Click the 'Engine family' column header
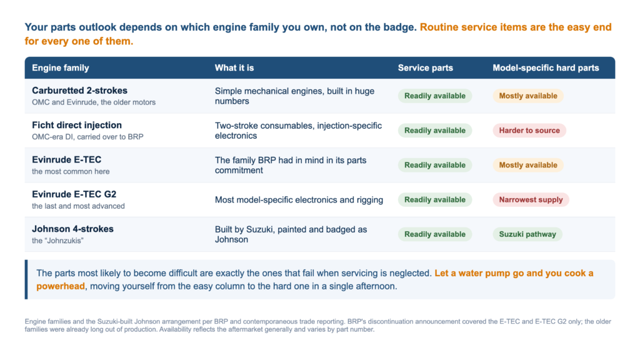[61, 67]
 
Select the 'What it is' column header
[234, 67]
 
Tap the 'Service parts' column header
[425, 67]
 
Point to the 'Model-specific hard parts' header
[546, 67]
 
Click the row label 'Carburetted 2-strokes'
[79, 91]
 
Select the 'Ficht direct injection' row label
[77, 125]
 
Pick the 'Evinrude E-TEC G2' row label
[74, 194]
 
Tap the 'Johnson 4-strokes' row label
[72, 229]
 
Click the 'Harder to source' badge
[529, 131]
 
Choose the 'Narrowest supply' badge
[531, 199]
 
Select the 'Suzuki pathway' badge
[527, 234]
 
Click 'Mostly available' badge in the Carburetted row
[528, 96]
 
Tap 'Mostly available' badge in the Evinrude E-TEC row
[528, 165]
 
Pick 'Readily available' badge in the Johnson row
[435, 234]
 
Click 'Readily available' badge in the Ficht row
[435, 131]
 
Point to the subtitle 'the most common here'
[71, 171]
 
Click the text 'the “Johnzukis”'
[57, 241]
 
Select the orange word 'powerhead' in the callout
[61, 286]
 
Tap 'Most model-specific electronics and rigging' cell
[299, 200]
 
